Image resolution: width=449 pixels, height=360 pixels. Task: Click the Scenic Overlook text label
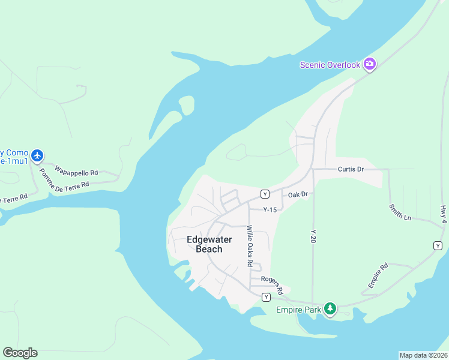(330, 65)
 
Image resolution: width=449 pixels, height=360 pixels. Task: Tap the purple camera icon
(369, 64)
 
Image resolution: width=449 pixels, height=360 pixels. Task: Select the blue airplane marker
(38, 156)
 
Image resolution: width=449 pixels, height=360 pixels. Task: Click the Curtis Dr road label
(351, 169)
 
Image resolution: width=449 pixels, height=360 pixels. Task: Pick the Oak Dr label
(298, 194)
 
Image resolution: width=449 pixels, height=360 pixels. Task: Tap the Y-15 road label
(270, 209)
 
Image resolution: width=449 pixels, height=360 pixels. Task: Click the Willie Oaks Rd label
(250, 245)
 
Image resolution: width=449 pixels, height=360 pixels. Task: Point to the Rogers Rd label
(271, 280)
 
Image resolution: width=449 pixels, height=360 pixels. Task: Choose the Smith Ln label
(400, 212)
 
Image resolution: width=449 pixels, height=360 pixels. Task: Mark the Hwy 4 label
(443, 214)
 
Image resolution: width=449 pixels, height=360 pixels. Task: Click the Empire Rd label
(378, 274)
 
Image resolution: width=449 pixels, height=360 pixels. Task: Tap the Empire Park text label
(298, 310)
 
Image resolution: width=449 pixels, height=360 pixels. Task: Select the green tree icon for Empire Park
(330, 309)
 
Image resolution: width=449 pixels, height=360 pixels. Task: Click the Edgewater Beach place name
(205, 244)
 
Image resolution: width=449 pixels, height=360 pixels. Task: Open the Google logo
(20, 353)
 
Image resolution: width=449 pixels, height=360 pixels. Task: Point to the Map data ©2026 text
(423, 355)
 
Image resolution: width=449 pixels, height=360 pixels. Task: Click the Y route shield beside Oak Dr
(264, 194)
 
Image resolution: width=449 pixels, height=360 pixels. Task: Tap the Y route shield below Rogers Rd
(266, 297)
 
